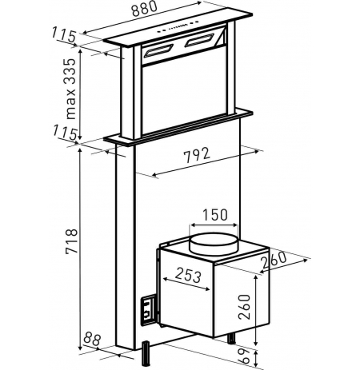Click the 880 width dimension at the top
(144, 9)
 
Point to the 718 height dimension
(71, 241)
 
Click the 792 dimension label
(198, 155)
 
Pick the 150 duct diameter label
(215, 215)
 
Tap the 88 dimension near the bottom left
(91, 339)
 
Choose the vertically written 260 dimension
(245, 307)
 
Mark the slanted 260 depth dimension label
(274, 260)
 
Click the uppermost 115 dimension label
(63, 34)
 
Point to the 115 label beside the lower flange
(66, 133)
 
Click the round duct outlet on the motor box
(214, 243)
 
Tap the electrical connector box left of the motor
(148, 311)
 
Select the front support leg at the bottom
(146, 354)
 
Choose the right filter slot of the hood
(199, 40)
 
